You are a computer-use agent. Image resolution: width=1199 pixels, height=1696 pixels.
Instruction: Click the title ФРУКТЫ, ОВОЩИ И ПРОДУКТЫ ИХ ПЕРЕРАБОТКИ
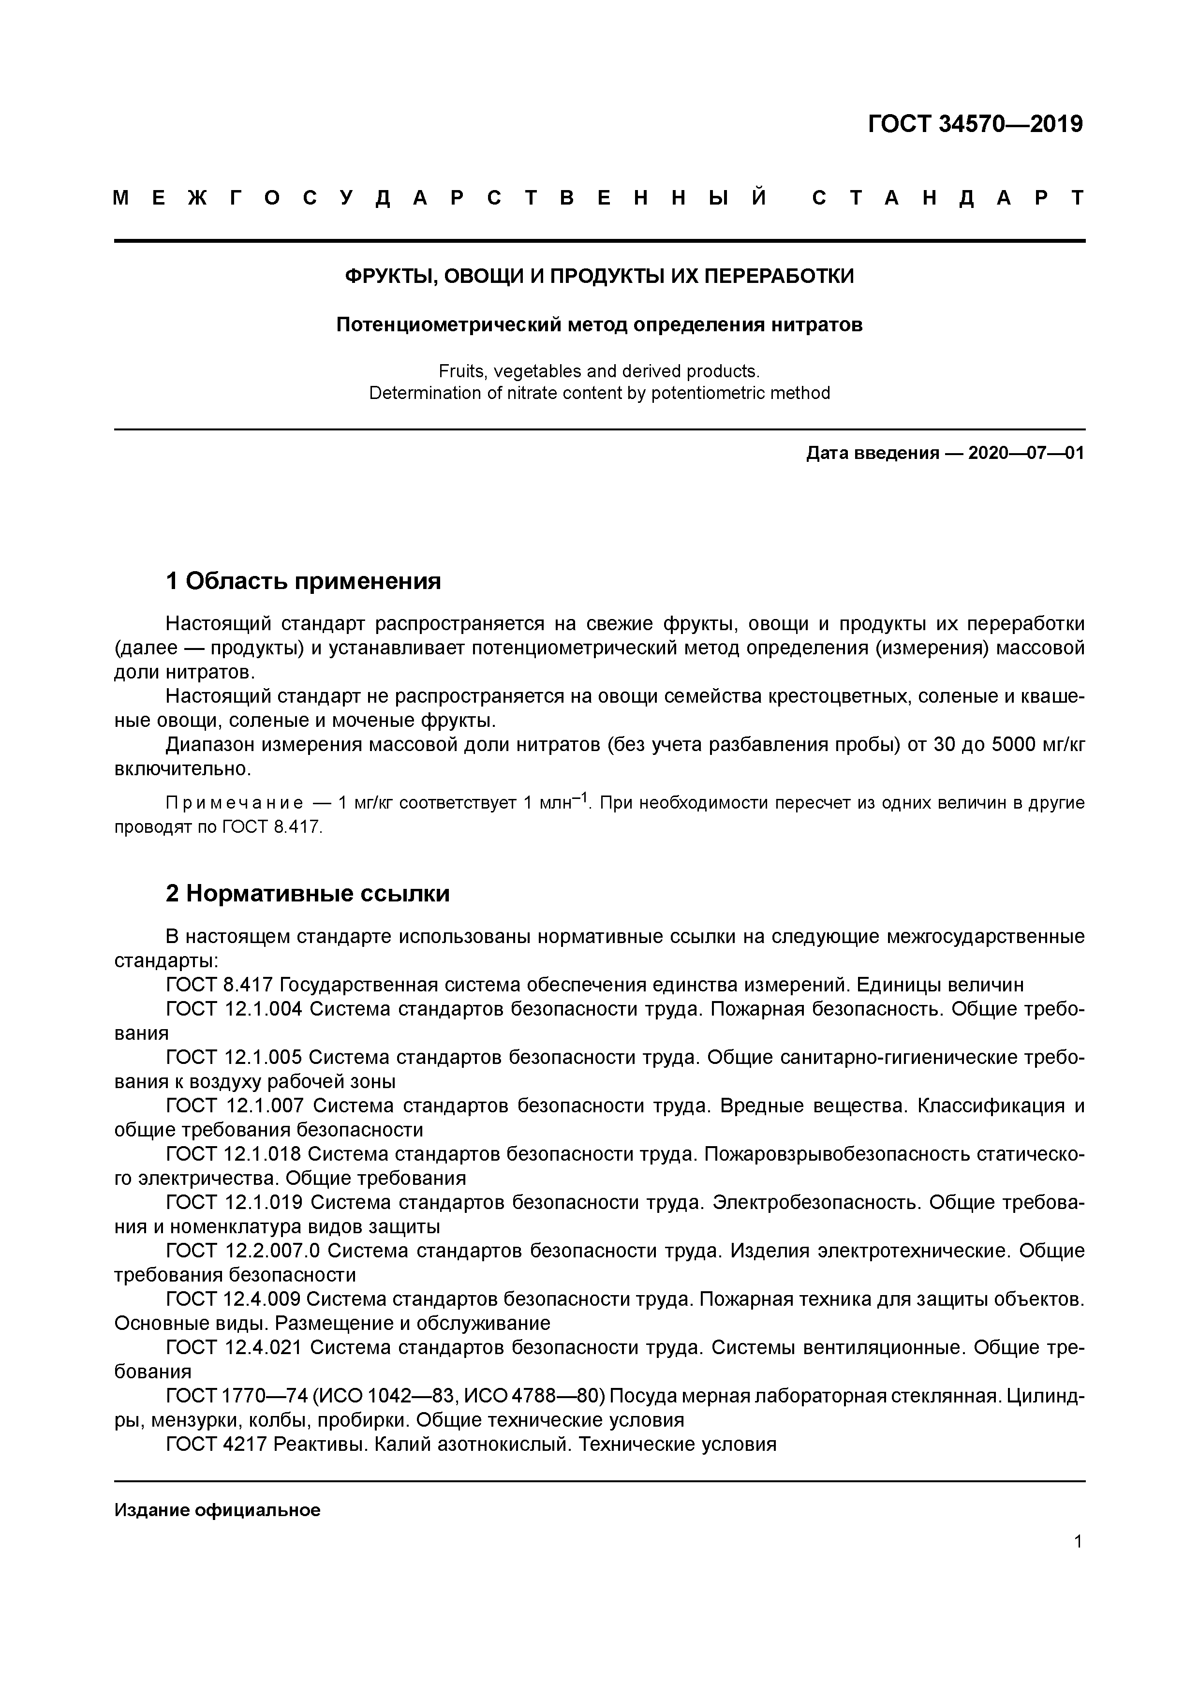coord(599,276)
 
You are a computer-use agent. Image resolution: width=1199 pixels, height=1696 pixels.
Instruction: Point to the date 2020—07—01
coord(1025,453)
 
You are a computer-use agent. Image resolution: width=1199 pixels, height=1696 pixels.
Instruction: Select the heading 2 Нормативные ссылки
coord(307,894)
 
